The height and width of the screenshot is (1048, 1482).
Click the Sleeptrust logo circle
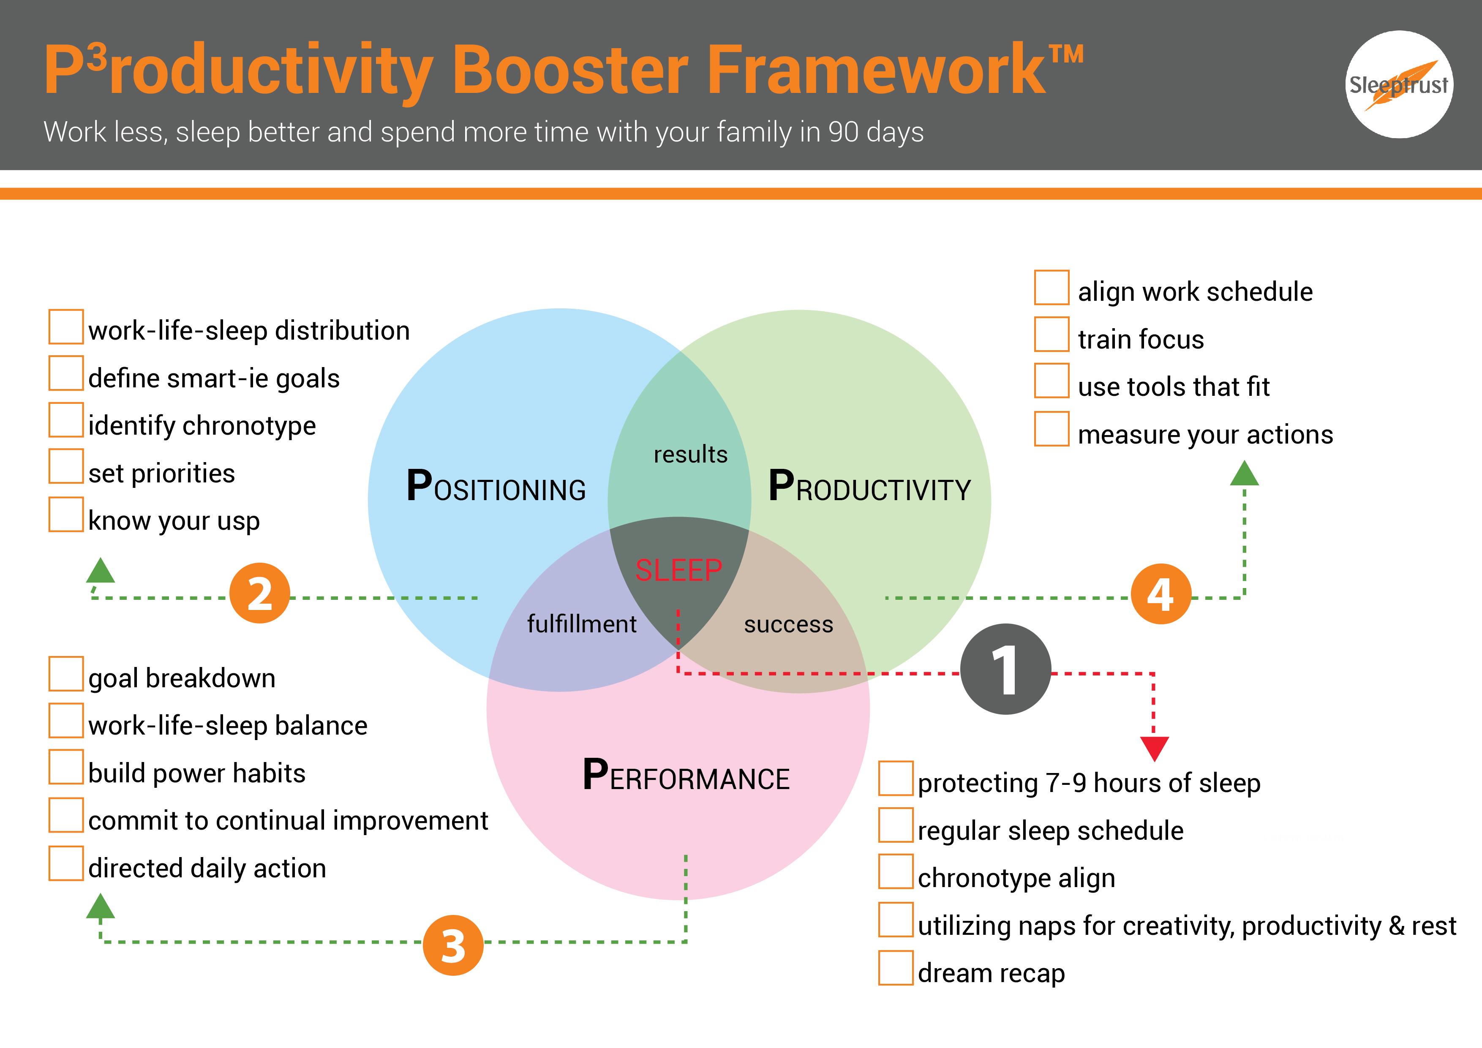[1399, 84]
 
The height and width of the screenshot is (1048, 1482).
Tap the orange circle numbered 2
[259, 593]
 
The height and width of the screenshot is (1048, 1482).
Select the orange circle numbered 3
[453, 945]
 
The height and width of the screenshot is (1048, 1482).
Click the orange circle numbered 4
[1161, 593]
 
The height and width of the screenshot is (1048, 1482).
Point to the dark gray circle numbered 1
[1005, 669]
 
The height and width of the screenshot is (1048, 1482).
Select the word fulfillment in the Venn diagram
[582, 624]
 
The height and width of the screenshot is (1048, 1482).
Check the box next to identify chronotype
[66, 419]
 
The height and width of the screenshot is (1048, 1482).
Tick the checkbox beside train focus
[1052, 334]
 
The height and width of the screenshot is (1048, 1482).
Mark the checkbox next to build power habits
[66, 767]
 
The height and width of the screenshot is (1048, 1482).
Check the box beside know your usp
[66, 514]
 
